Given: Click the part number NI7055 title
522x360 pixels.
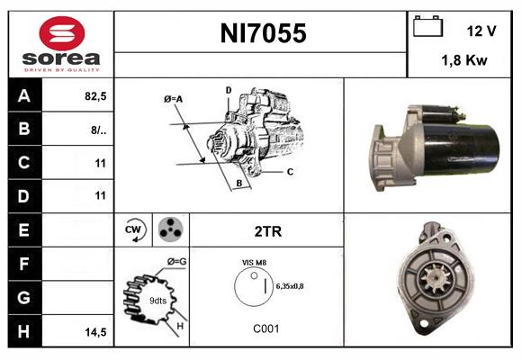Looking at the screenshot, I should [263, 34].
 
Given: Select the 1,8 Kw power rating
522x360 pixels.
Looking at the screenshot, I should [464, 61].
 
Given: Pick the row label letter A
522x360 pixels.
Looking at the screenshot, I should [22, 96].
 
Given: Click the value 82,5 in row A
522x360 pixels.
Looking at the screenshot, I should [94, 96].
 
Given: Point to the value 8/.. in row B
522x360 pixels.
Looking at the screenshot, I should [98, 130].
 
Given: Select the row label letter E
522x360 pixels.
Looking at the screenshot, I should [22, 230].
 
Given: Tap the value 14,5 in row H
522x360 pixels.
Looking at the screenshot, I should [95, 332].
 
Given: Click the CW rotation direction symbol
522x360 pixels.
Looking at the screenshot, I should [134, 230].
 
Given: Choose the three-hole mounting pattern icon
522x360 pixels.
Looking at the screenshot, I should [168, 230].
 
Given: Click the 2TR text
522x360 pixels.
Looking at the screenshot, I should [267, 231].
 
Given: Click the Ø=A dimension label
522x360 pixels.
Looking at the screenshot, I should [174, 99].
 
